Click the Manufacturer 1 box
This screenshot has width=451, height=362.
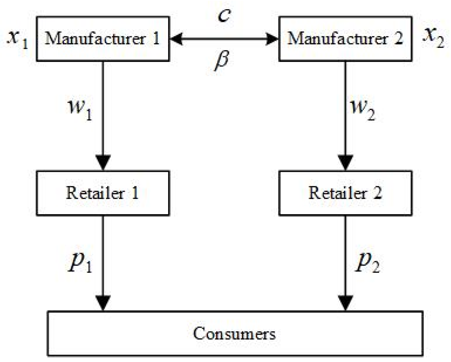pos(102,39)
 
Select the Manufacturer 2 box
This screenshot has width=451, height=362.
pos(345,39)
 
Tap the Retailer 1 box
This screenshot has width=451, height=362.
pos(102,193)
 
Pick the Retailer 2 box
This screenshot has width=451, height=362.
pos(345,193)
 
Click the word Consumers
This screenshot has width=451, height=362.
pos(234,333)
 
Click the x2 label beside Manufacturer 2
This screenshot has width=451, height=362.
pos(433,37)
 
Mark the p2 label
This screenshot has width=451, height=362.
pos(367,263)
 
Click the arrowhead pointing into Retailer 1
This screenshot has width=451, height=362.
pos(103,162)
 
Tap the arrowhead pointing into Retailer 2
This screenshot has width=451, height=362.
pos(346,162)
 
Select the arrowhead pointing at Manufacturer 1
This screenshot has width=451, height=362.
pos(177,39)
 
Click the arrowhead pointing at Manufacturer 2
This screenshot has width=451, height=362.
pos(271,39)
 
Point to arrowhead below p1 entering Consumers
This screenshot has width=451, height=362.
pos(103,302)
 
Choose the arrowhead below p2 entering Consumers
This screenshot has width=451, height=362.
pos(346,302)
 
